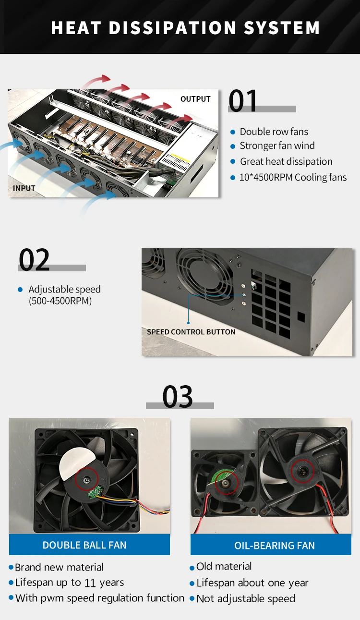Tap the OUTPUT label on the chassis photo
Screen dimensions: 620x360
(x=195, y=99)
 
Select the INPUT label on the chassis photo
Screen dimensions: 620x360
(x=24, y=188)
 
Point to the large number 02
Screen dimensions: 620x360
(x=34, y=260)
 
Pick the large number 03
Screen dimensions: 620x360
(x=178, y=397)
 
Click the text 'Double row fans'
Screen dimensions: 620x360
(x=274, y=132)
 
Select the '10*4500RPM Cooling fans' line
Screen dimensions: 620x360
(x=293, y=177)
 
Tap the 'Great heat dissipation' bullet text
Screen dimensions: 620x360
(x=286, y=161)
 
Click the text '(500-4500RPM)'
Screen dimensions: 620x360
(x=60, y=301)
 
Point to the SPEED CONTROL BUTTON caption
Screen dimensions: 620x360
(x=191, y=332)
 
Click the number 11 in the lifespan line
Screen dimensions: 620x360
(x=90, y=583)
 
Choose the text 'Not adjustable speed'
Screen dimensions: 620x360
(x=246, y=598)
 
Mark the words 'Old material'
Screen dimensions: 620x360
(x=224, y=567)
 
